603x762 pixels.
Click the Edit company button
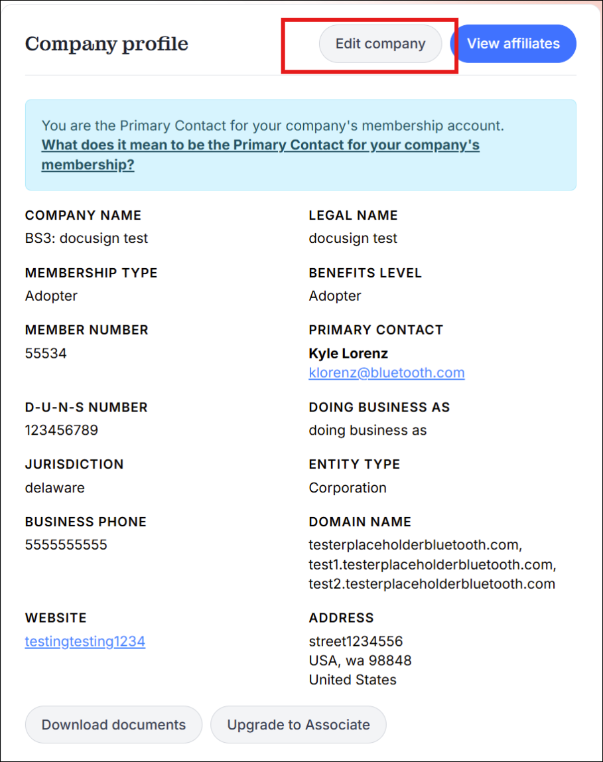click(x=380, y=44)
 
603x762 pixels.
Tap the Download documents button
click(x=113, y=724)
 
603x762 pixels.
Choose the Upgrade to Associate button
click(x=298, y=724)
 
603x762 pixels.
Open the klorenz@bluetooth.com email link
click(x=387, y=372)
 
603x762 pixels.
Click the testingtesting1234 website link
click(x=85, y=641)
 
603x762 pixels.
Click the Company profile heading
click(x=107, y=44)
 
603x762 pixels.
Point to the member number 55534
click(x=46, y=353)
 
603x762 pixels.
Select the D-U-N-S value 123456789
click(x=61, y=430)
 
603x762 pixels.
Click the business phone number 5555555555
click(x=66, y=545)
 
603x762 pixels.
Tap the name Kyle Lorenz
click(x=348, y=353)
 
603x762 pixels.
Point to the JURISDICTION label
click(x=74, y=464)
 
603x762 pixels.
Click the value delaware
click(x=55, y=488)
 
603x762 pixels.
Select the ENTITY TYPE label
click(x=354, y=464)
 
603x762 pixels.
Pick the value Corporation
click(x=348, y=488)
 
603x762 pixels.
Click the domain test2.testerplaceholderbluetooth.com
click(x=432, y=584)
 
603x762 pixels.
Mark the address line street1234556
click(x=356, y=641)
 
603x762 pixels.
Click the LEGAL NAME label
click(x=353, y=215)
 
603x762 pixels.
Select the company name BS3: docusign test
click(x=86, y=238)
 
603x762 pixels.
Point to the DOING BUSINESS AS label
click(x=379, y=407)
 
